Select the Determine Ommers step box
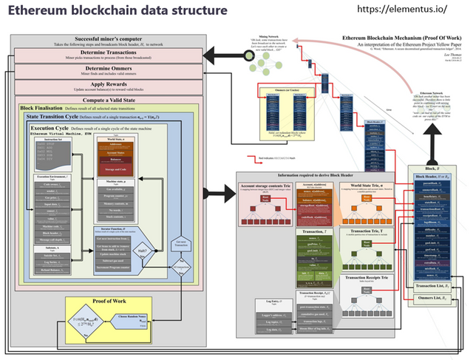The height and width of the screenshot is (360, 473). [109, 72]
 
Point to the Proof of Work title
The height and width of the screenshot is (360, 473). [100, 302]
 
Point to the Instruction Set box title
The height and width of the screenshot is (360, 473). [52, 138]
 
